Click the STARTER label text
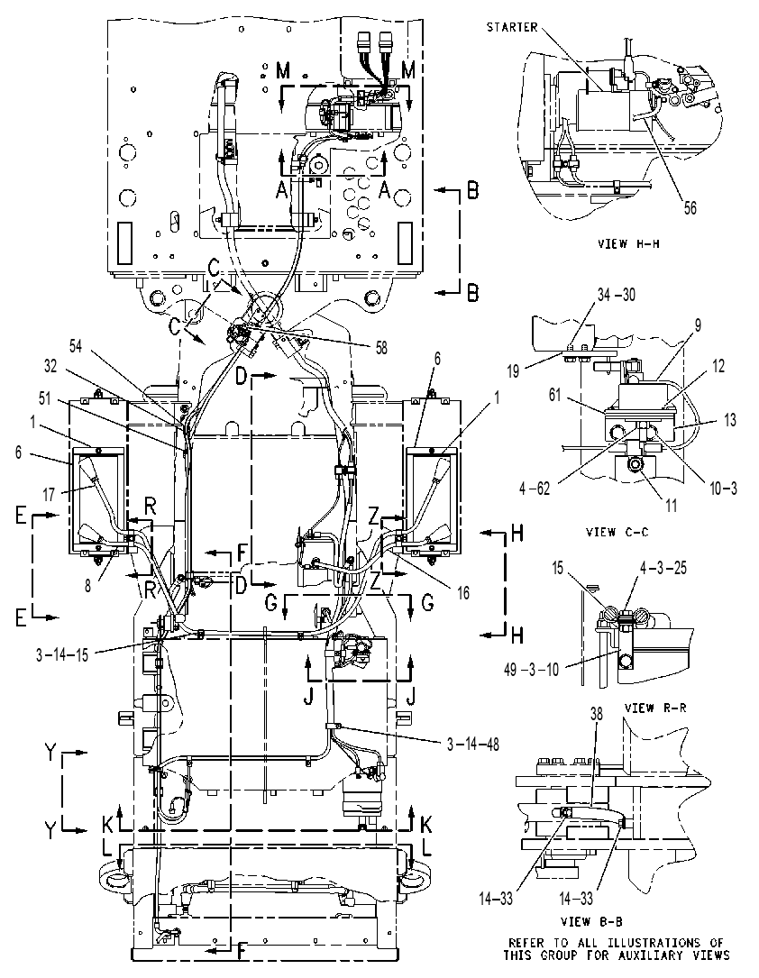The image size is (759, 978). click(511, 27)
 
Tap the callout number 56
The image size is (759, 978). click(690, 207)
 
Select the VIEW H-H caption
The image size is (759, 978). click(628, 244)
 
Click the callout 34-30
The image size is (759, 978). click(617, 295)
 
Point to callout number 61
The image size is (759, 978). click(555, 395)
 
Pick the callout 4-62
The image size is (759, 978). click(535, 489)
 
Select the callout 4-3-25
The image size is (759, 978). click(663, 568)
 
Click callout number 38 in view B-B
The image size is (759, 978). click(597, 714)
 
